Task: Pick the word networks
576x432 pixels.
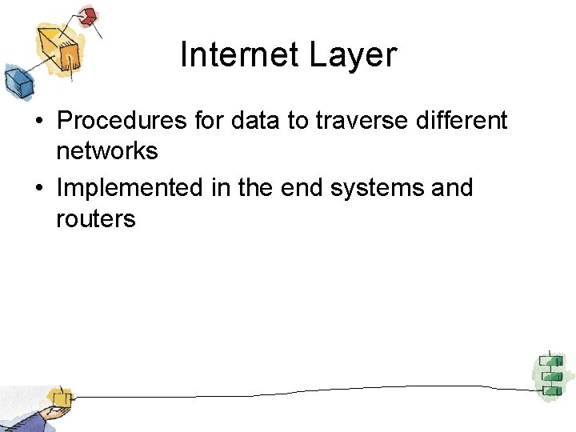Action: click(106, 151)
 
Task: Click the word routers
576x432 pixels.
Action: click(96, 218)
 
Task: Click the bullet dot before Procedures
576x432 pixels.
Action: click(38, 122)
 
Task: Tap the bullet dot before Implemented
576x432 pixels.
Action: click(38, 189)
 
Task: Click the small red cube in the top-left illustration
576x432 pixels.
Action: click(89, 15)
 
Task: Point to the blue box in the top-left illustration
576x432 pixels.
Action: click(15, 79)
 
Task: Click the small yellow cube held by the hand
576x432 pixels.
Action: click(59, 397)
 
